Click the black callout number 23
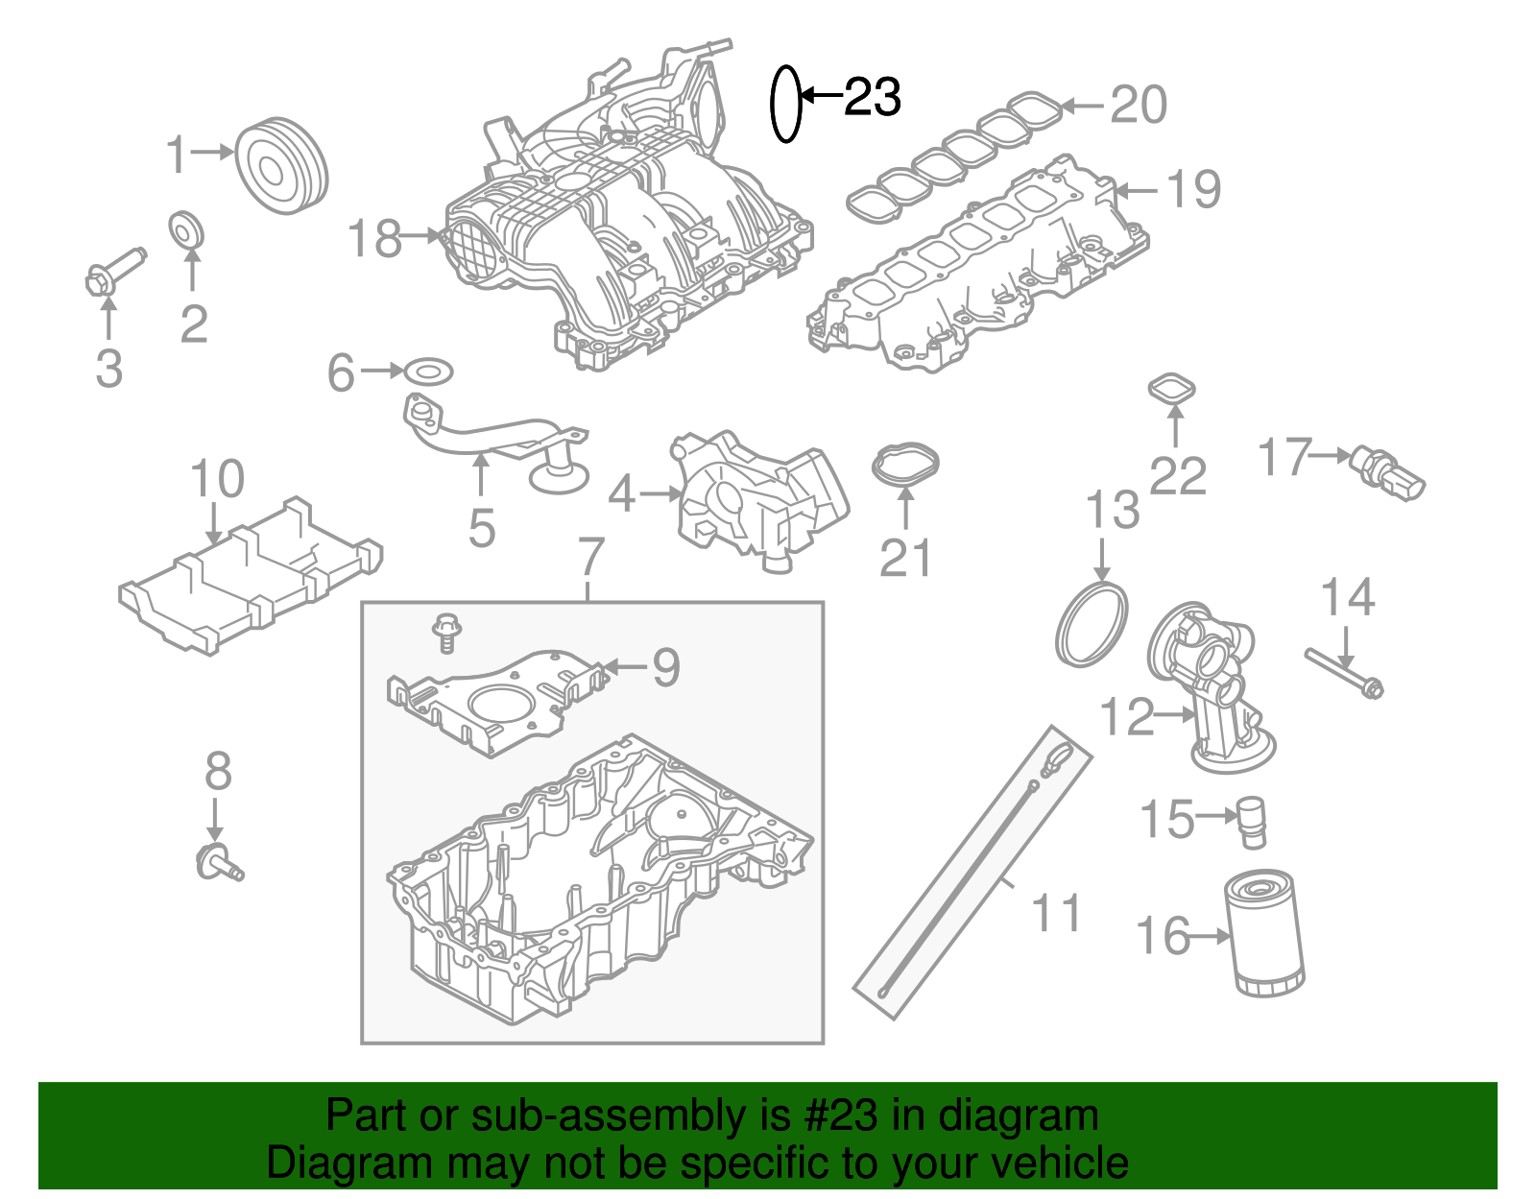[872, 97]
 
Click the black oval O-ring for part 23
[785, 104]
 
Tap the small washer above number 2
[186, 229]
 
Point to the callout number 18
[373, 238]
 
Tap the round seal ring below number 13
[1092, 625]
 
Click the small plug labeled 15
[1253, 822]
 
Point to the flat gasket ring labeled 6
[428, 372]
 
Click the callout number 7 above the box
[591, 558]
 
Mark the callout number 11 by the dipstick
[1056, 913]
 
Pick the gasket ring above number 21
[905, 465]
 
